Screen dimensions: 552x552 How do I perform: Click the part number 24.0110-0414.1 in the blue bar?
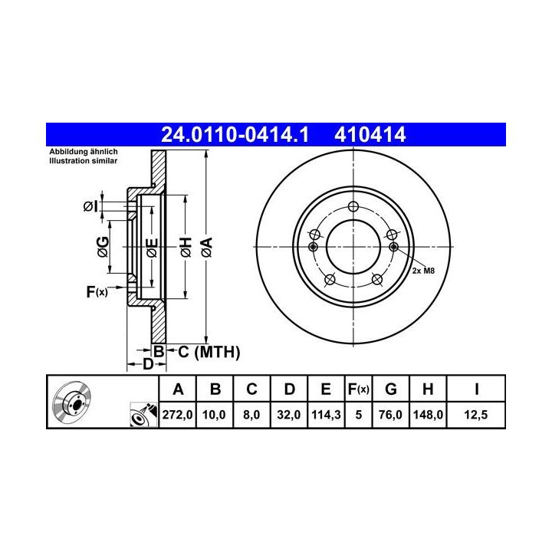pyautogui.click(x=235, y=135)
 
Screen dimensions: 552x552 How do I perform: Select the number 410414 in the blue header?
pyautogui.click(x=370, y=135)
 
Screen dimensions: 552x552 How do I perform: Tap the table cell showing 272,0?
pyautogui.click(x=177, y=414)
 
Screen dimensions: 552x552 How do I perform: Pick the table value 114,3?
pyautogui.click(x=326, y=414)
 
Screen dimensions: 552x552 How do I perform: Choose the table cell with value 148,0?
pyautogui.click(x=428, y=414)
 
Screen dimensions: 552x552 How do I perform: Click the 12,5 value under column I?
pyautogui.click(x=476, y=414)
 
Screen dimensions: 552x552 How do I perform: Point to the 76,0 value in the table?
pyautogui.click(x=390, y=414)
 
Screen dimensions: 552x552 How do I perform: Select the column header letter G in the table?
pyautogui.click(x=391, y=389)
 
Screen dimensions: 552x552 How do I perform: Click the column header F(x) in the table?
pyautogui.click(x=358, y=389)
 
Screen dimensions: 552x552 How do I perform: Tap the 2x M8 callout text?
pyautogui.click(x=423, y=271)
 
